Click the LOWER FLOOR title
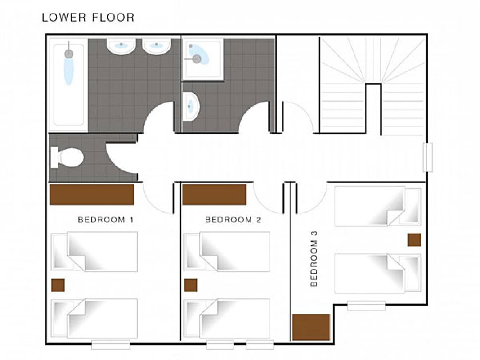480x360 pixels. point(88,18)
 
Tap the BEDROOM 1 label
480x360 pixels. point(106,220)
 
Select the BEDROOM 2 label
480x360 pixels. point(233,220)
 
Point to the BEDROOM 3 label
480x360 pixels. point(314,259)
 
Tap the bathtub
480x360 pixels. point(68,85)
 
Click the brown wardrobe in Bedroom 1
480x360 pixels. point(91,194)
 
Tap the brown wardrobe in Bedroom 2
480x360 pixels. point(214,194)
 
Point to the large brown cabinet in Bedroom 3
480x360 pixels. point(311,327)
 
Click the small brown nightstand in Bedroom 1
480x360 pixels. point(58,285)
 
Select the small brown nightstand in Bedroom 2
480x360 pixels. point(191,285)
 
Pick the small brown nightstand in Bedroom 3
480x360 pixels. point(414,240)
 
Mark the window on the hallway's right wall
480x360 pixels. point(427,157)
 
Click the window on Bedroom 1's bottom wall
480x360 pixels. point(111,345)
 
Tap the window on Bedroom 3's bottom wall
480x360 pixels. point(366,306)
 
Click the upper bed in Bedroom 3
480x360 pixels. point(378,206)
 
